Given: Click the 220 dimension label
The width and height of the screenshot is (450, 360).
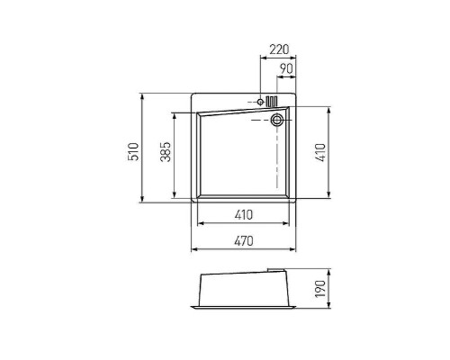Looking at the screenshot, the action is coord(279,49).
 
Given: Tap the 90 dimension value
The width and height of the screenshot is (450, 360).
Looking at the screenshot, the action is coord(286,69).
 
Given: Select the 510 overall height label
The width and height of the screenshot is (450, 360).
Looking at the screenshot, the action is coord(134,152).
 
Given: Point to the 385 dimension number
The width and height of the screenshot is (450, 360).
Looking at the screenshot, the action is coord(166,151).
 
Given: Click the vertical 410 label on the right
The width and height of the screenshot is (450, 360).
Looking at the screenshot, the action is coord(320,152).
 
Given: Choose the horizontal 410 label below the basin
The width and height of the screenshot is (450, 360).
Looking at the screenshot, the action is coord(244,215).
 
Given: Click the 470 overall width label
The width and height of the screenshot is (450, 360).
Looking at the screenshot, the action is coord(244,241).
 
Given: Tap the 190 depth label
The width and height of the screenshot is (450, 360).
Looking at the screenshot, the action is coord(320,289).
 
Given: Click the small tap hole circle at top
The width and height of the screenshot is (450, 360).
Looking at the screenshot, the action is coord(260,102).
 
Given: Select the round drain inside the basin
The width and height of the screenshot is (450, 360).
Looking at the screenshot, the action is coord(276,120).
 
